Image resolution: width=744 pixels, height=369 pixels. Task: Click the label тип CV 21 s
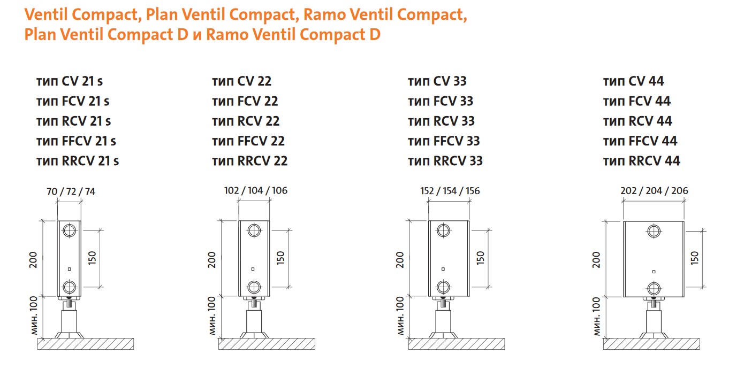[70, 81]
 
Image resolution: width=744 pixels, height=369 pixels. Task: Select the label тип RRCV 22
[249, 160]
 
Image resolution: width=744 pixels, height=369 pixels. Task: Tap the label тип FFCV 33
[444, 141]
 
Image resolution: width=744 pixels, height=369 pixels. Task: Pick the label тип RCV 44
[637, 121]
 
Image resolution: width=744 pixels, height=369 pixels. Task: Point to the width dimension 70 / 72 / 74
[70, 191]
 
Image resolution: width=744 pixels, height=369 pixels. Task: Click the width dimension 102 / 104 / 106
[255, 191]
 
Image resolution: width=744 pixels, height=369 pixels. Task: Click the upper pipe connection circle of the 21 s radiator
[69, 231]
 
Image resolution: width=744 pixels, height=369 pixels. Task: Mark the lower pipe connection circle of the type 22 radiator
[254, 286]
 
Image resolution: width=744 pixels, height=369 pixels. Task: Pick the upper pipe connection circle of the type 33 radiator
[443, 231]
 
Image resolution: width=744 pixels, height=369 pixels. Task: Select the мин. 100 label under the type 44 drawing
[597, 317]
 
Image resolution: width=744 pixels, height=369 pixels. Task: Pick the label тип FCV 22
[245, 101]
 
